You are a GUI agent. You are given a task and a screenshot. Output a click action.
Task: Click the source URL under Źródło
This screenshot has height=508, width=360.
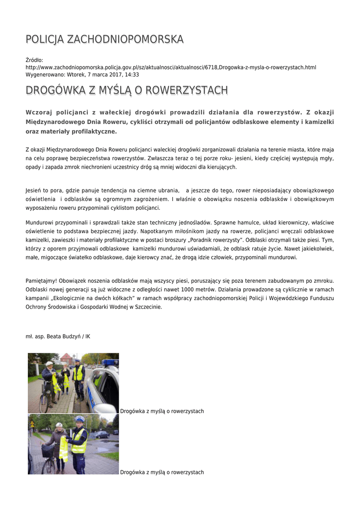[171, 67]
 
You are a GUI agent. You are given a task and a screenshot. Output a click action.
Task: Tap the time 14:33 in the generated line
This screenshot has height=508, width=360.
[132, 74]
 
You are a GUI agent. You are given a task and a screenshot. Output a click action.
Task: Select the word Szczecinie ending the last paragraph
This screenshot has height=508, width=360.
[147, 307]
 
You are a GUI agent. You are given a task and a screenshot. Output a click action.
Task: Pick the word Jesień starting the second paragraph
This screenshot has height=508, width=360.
[33, 190]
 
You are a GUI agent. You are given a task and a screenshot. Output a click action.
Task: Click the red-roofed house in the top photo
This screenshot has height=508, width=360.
[66, 358]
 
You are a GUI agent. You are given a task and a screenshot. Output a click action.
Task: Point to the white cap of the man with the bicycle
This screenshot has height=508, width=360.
[49, 364]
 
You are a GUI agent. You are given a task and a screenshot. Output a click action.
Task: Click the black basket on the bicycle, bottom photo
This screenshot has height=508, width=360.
[48, 451]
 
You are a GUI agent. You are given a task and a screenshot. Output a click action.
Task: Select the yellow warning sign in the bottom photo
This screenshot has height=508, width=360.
[32, 425]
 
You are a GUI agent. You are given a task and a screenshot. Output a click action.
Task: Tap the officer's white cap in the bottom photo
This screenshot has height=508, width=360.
[79, 419]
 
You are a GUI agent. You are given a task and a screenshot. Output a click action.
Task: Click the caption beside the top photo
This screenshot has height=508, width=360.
[162, 411]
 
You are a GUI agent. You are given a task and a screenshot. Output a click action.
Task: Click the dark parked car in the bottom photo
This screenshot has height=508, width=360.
[103, 434]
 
